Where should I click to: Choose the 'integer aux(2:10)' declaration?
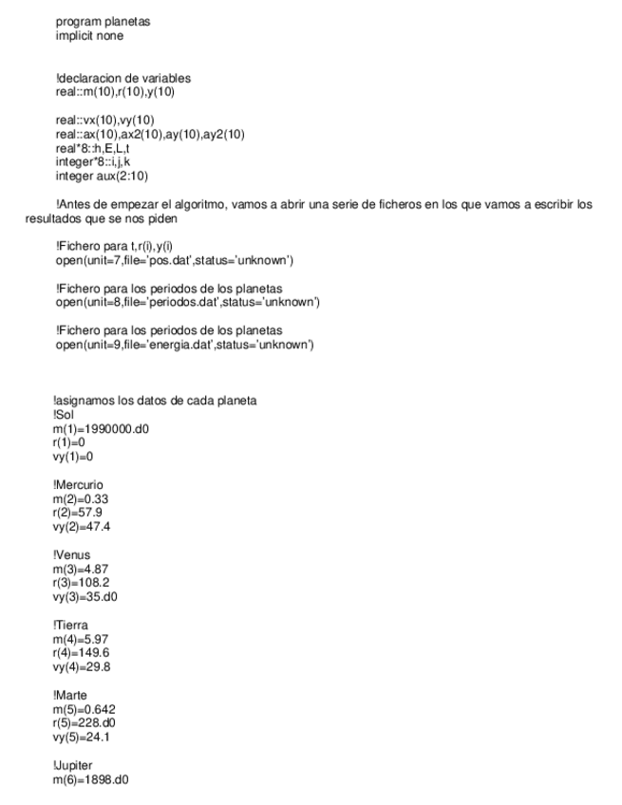click(101, 177)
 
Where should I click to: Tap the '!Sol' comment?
click(64, 415)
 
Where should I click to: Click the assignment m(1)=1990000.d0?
click(99, 428)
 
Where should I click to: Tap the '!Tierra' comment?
click(72, 623)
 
